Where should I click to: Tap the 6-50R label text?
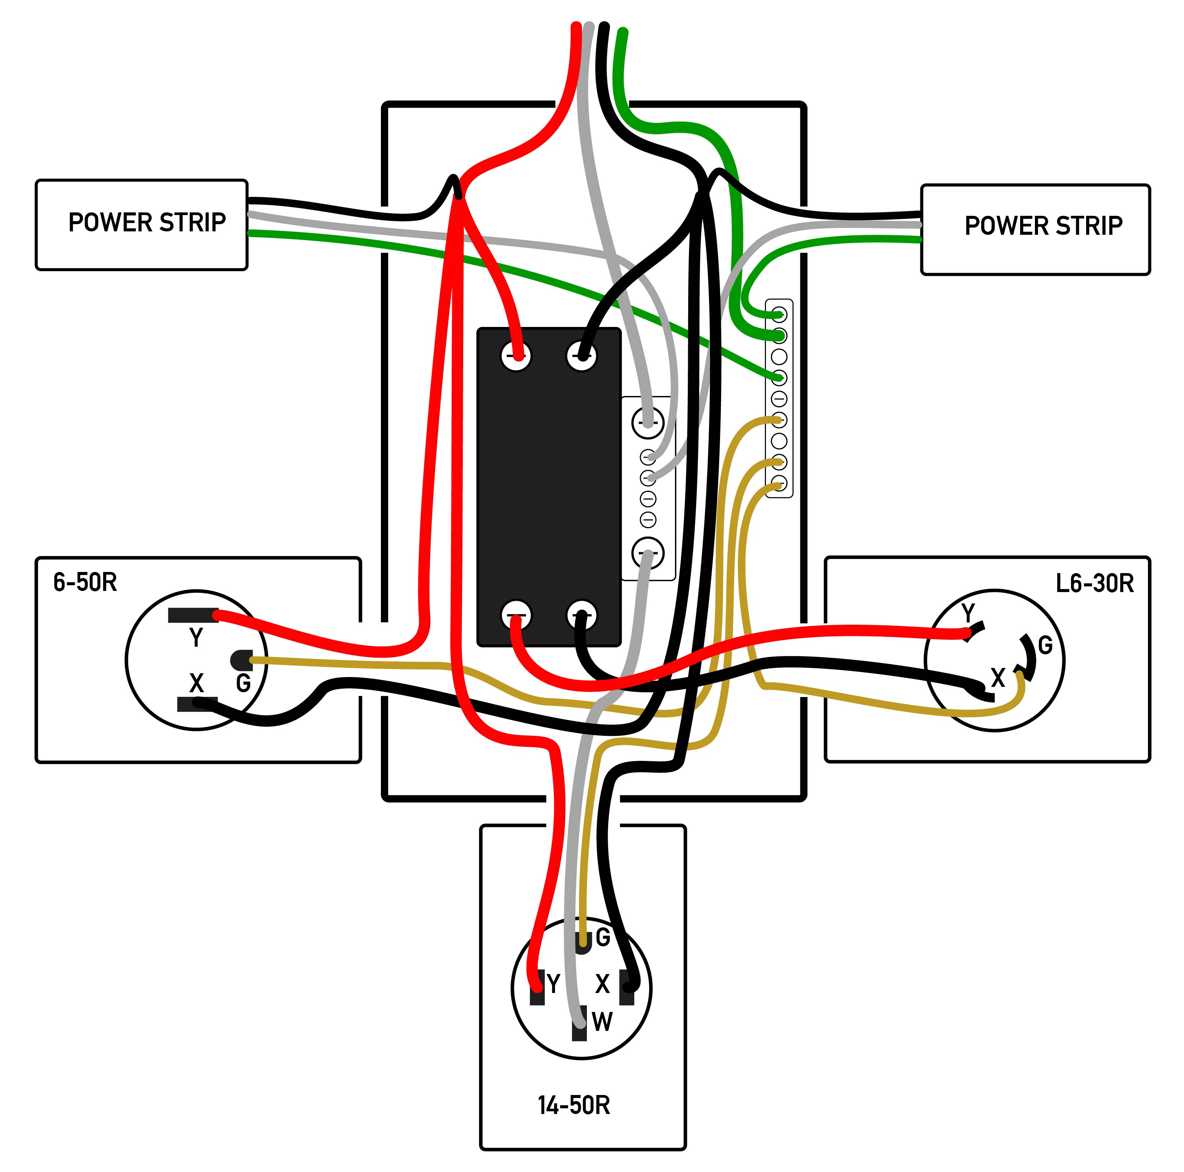point(85,582)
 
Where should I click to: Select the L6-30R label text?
point(1094,583)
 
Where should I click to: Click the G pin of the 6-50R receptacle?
point(241,660)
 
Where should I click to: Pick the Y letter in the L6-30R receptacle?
point(968,613)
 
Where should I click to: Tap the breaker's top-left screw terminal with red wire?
point(516,356)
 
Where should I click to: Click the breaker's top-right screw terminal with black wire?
point(581,356)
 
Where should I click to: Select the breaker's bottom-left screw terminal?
point(516,615)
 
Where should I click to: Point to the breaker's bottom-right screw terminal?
point(581,615)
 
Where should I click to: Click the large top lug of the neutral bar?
point(648,423)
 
